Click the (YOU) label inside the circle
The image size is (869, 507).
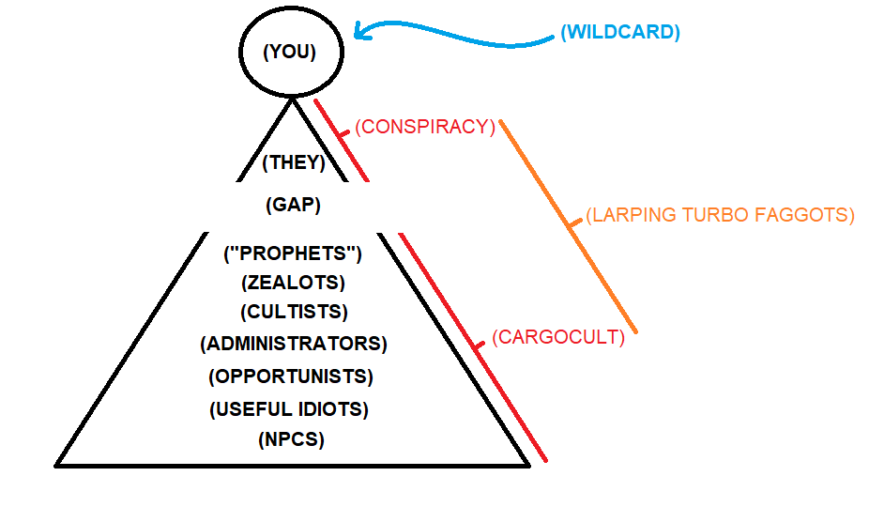coord(290,53)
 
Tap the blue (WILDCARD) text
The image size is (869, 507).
coord(619,32)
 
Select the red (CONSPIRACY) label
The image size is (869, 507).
coord(424,127)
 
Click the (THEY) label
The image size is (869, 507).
coord(294,162)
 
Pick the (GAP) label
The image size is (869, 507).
coord(294,204)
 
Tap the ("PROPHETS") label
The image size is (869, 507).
coord(293,253)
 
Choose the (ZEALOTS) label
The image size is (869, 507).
coord(293,282)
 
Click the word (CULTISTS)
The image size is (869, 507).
coord(293,311)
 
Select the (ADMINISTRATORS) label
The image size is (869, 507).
coord(293,344)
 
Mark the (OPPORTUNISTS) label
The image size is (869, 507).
coord(291,376)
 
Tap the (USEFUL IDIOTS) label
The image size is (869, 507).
coord(289,409)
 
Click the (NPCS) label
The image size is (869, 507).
coord(291,438)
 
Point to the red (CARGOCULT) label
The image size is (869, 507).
coord(557,337)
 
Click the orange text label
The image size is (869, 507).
coord(720,215)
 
